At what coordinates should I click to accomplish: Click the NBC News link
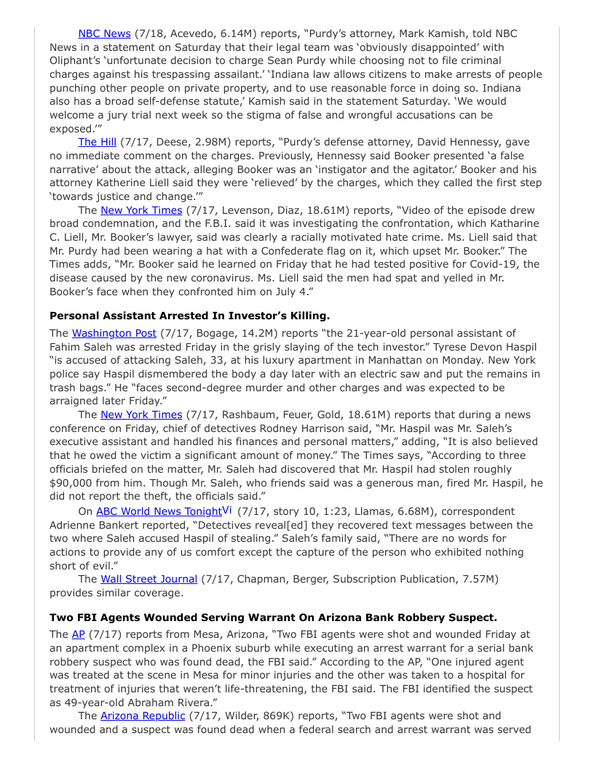[104, 33]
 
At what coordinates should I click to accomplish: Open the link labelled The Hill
[97, 142]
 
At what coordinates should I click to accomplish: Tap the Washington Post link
[114, 333]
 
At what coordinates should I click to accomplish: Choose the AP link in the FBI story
[78, 634]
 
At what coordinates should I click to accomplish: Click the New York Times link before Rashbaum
[141, 415]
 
